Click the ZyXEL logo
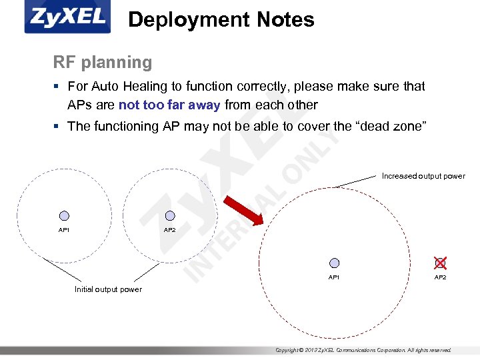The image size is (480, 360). [67, 18]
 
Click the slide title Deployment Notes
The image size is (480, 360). [221, 20]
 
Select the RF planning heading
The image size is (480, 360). [103, 63]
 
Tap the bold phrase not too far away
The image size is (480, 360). [169, 105]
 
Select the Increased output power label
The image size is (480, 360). [423, 176]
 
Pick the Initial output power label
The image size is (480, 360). [108, 289]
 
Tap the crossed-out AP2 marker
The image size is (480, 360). [440, 263]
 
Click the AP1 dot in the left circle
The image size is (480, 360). [64, 216]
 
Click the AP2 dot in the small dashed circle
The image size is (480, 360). [170, 216]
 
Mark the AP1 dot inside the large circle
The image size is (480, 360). [334, 263]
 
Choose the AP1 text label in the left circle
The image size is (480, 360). [64, 230]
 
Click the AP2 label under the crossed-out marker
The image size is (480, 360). [441, 277]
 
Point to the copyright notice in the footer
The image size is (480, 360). [363, 350]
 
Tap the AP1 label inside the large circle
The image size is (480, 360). [334, 277]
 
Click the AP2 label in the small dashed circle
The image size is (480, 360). [170, 230]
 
